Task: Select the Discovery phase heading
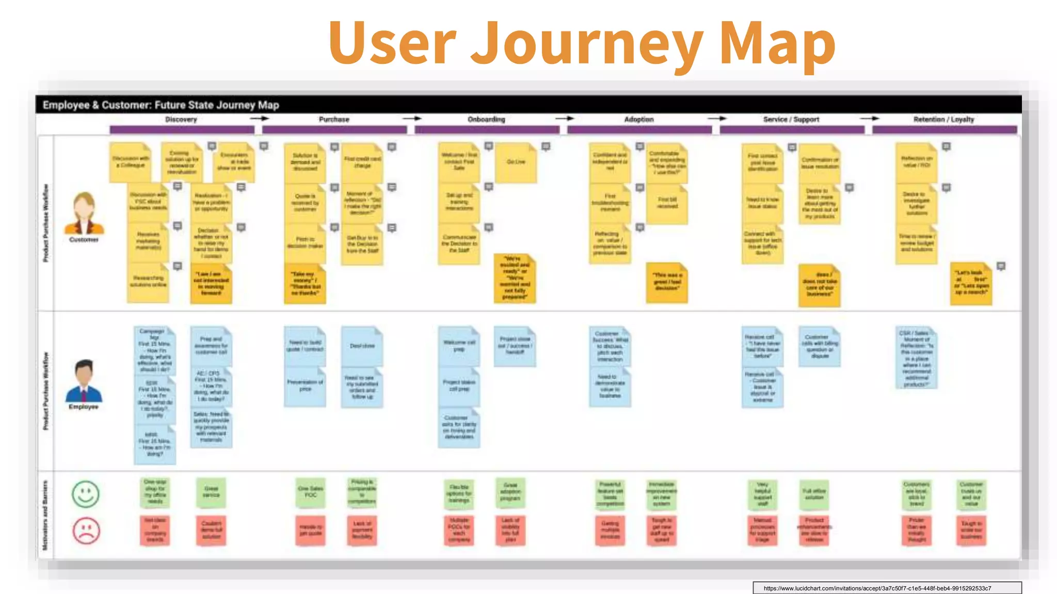pos(181,119)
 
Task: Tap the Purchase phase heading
pos(334,119)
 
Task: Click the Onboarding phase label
pos(486,119)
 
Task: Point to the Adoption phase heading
pos(639,119)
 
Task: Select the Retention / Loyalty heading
pos(943,119)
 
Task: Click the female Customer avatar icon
pos(84,213)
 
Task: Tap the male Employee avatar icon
pos(84,381)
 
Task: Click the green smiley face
pos(86,494)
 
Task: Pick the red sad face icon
pos(86,531)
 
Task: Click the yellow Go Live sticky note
pos(516,162)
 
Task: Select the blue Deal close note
pos(362,346)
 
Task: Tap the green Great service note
pos(211,492)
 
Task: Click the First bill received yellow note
pos(667,203)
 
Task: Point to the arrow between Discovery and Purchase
pos(260,119)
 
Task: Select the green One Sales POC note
pos(311,492)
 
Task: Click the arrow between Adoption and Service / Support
pos(717,119)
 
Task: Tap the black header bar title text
pos(161,105)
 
